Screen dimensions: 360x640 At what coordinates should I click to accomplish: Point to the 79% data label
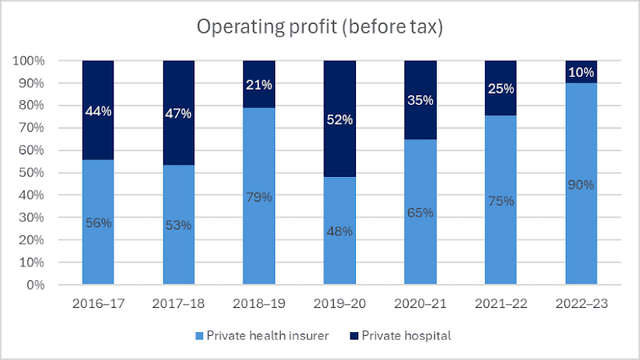258,197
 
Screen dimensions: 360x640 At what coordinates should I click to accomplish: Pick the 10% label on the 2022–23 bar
581,73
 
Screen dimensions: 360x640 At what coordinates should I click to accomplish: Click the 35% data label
420,101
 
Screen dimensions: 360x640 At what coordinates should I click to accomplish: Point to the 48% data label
339,232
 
